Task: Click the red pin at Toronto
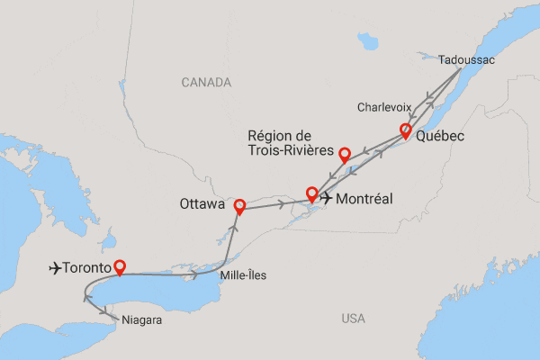(x=119, y=266)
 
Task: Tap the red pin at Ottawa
(x=238, y=206)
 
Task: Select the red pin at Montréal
(x=312, y=193)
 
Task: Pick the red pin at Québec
(x=405, y=131)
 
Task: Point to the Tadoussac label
(x=467, y=59)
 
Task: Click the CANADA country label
(x=206, y=83)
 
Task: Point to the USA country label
(x=354, y=318)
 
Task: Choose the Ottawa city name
(x=202, y=205)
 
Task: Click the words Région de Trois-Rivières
(x=287, y=143)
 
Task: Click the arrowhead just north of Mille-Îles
(x=220, y=242)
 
